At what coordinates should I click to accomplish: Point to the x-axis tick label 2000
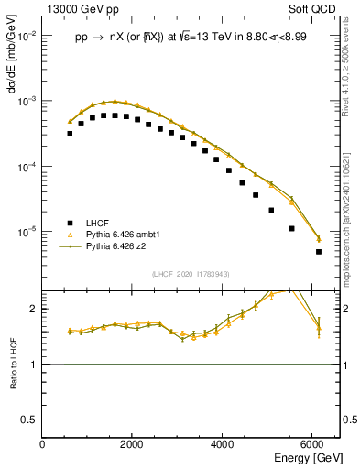(x=132, y=444)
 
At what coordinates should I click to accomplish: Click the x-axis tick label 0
(x=42, y=444)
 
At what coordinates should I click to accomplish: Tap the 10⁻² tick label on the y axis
(x=27, y=35)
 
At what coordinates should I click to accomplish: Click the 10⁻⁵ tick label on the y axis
(x=27, y=232)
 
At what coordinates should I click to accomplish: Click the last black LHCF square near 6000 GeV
(x=319, y=251)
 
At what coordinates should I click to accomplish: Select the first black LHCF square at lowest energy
(x=70, y=134)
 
